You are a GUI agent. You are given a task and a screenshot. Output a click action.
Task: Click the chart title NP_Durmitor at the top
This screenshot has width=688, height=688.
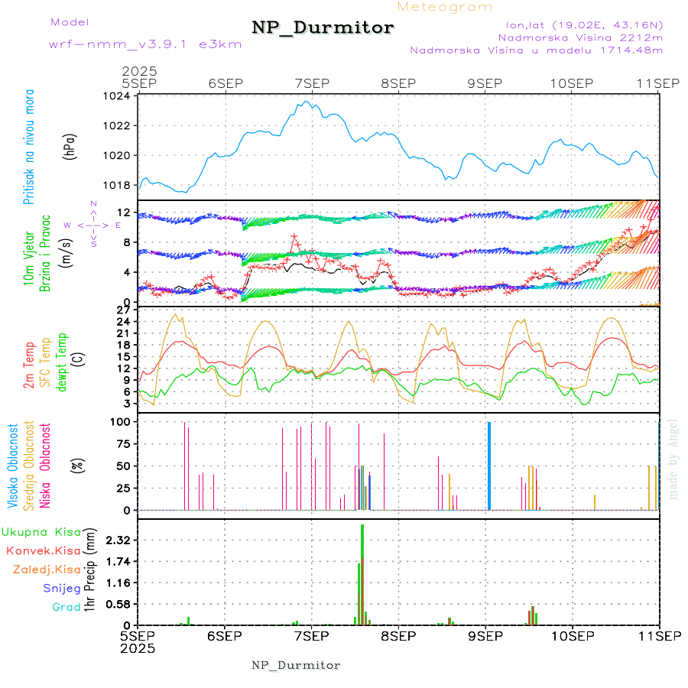[x=323, y=28]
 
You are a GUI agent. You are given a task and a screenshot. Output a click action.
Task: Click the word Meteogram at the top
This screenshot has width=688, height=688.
[x=445, y=7]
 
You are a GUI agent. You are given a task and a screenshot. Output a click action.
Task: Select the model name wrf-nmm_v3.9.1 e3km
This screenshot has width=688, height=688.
[x=145, y=44]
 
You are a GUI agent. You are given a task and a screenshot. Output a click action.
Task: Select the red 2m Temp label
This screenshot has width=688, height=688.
[x=29, y=366]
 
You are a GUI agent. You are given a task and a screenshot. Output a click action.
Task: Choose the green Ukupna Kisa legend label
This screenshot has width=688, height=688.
[x=41, y=531]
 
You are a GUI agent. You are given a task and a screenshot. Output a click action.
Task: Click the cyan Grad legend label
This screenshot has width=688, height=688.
[x=66, y=607]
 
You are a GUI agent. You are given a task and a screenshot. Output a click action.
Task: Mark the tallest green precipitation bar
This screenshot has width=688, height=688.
[x=362, y=573]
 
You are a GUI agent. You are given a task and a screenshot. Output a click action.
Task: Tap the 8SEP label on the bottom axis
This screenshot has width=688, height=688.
[x=398, y=635]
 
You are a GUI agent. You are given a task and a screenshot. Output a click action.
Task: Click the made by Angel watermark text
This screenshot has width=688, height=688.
[x=673, y=459]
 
